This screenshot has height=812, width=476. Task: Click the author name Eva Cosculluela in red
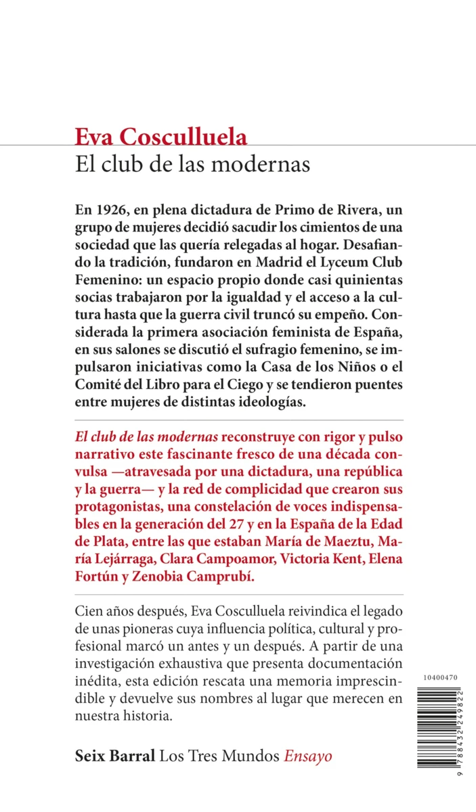point(161,137)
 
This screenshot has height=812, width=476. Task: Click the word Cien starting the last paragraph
point(89,612)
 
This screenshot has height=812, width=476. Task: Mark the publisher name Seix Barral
point(116,756)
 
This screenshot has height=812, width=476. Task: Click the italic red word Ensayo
point(308,756)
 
